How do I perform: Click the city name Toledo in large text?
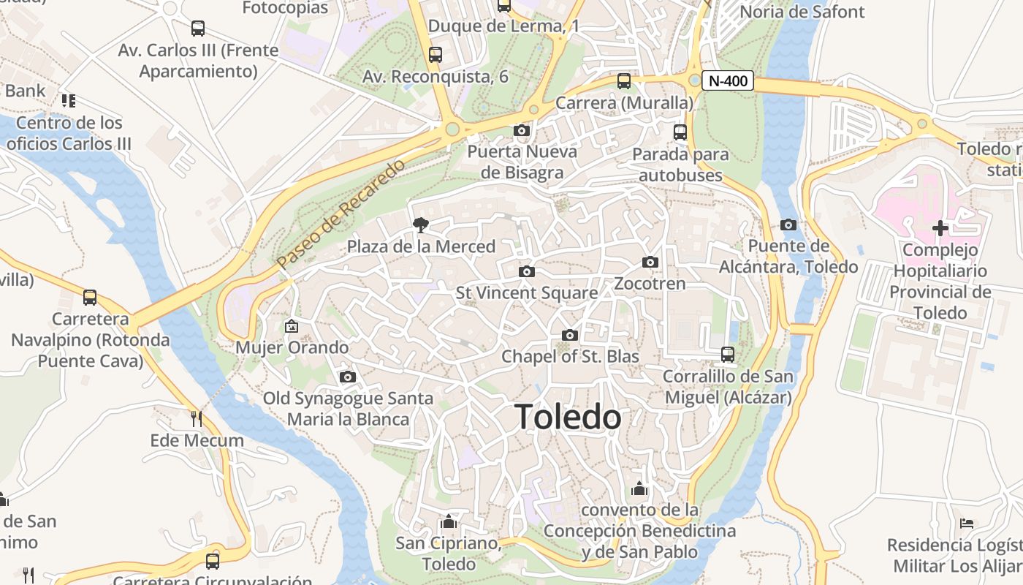(x=568, y=417)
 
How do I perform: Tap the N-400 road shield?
(x=728, y=80)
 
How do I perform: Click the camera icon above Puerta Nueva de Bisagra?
(x=521, y=131)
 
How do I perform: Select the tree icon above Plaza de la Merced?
(x=421, y=225)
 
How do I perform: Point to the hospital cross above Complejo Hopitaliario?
(x=940, y=228)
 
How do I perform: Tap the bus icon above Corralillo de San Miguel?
(x=728, y=355)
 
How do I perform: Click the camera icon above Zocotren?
(x=650, y=263)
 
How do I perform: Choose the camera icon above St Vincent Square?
(x=526, y=272)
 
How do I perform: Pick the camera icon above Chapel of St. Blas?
(x=570, y=336)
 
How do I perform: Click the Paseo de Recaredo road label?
(x=341, y=213)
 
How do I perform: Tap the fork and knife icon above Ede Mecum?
(x=196, y=419)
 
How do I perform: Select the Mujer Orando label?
(x=292, y=347)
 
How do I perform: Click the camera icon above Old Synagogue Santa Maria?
(x=348, y=377)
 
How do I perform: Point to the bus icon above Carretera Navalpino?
(x=90, y=298)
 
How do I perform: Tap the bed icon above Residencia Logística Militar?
(x=967, y=524)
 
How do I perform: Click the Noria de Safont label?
(x=802, y=12)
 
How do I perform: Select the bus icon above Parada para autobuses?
(x=680, y=132)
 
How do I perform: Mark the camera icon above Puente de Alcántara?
(x=788, y=225)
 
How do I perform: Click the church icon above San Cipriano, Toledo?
(x=449, y=522)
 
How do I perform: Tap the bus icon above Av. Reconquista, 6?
(x=436, y=55)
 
